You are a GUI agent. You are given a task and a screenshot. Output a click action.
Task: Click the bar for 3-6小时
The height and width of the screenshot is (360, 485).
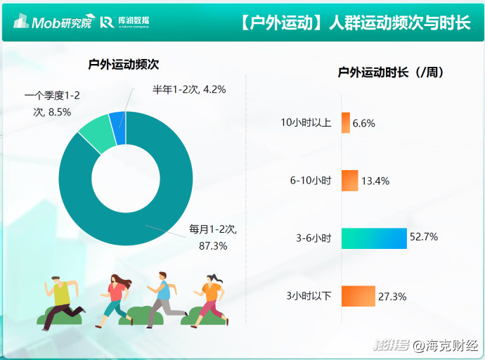[x=374, y=238]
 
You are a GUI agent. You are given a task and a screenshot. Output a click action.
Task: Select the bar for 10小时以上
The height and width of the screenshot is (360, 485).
[x=346, y=123]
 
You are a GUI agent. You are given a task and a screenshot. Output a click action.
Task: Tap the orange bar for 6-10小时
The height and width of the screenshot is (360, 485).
[x=350, y=181]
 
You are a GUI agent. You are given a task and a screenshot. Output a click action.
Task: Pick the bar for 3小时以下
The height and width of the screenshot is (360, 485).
[x=358, y=296]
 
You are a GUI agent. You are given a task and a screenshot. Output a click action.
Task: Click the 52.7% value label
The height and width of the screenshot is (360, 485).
[x=424, y=237]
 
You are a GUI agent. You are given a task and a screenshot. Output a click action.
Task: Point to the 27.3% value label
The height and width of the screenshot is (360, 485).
[x=392, y=297]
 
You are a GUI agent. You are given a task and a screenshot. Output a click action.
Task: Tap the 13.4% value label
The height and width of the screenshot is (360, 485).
[x=375, y=181]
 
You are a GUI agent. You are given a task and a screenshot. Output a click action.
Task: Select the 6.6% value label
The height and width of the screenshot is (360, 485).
[x=364, y=124]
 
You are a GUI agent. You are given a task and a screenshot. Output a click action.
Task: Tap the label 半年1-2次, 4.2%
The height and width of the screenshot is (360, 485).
[x=189, y=89]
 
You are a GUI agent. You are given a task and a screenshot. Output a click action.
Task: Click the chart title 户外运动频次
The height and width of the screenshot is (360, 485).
[x=124, y=64]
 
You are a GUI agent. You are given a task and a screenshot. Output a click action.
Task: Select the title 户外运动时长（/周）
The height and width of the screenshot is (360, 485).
[x=392, y=72]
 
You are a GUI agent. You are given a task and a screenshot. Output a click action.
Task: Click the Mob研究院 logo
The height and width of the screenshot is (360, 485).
[x=53, y=21]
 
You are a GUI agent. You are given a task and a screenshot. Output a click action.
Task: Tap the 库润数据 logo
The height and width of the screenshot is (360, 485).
[x=124, y=22]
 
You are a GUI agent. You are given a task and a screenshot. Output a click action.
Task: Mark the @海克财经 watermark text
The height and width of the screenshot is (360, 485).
[x=446, y=345]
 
